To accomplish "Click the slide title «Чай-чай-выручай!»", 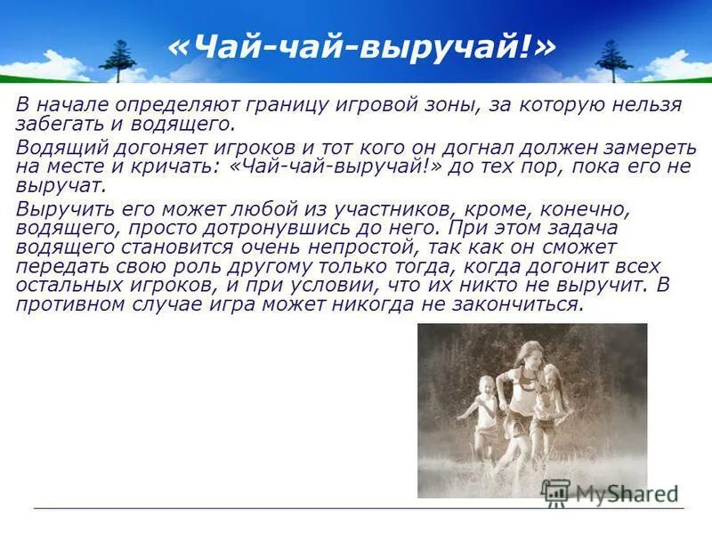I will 360,47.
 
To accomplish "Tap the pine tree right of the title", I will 613,59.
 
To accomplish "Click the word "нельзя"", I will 643,105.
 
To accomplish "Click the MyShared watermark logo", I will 611,493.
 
